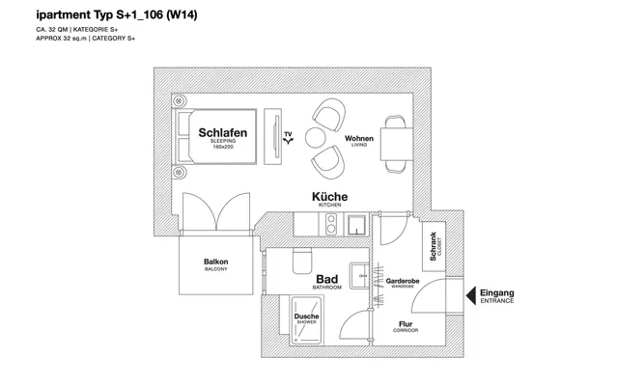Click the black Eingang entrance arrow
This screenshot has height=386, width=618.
click(471, 295)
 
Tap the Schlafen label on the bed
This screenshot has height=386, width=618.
click(223, 133)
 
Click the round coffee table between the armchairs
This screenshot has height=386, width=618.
click(316, 138)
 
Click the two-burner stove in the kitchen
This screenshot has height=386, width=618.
click(330, 224)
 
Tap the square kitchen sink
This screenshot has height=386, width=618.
click(356, 225)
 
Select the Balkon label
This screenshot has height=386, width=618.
click(216, 262)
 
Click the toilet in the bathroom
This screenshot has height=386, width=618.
click(302, 261)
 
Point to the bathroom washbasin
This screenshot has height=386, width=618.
click(360, 276)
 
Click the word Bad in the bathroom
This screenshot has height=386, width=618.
click(327, 279)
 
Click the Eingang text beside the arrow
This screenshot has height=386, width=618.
click(497, 293)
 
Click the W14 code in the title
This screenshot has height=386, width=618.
click(182, 15)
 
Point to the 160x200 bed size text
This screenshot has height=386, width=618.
click(223, 147)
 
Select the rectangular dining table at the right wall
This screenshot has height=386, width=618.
click(397, 144)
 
